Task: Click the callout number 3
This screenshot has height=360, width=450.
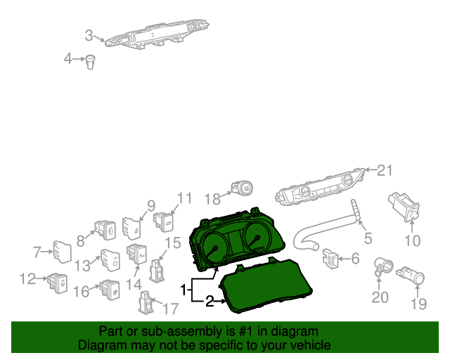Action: pyautogui.click(x=89, y=36)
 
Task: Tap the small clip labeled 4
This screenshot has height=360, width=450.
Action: pyautogui.click(x=91, y=63)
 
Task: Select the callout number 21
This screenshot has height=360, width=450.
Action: pyautogui.click(x=385, y=171)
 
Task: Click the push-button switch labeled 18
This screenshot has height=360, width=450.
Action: pyautogui.click(x=242, y=188)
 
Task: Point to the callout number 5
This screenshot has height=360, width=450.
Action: pyautogui.click(x=368, y=238)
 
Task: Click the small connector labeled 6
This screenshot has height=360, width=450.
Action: pyautogui.click(x=330, y=258)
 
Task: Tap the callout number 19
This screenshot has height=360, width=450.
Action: pyautogui.click(x=419, y=304)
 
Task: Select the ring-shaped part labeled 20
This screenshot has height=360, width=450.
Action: pyautogui.click(x=382, y=266)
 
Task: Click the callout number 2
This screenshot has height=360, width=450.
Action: pyautogui.click(x=210, y=302)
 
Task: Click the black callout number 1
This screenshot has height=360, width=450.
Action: pyautogui.click(x=184, y=290)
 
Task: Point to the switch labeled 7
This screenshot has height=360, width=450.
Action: pyautogui.click(x=63, y=252)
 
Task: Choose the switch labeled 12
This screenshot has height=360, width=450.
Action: pyautogui.click(x=58, y=283)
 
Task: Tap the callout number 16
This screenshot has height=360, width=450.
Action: pyautogui.click(x=82, y=291)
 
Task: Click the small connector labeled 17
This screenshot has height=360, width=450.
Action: pyautogui.click(x=146, y=302)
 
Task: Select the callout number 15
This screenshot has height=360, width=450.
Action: pyautogui.click(x=173, y=243)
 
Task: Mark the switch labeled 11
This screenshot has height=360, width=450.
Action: pyautogui.click(x=164, y=222)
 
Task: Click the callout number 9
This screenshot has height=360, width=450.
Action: pyautogui.click(x=151, y=205)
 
